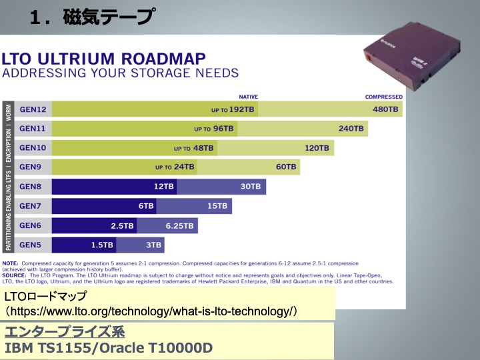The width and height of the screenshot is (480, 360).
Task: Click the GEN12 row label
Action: pyautogui.click(x=33, y=109)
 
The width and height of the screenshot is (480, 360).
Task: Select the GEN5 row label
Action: pyautogui.click(x=31, y=245)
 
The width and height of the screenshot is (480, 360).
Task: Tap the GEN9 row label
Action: pyautogui.click(x=31, y=167)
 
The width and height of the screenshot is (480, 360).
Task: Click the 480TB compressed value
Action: pyautogui.click(x=385, y=109)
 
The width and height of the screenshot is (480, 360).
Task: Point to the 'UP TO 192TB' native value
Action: pyautogui.click(x=234, y=109)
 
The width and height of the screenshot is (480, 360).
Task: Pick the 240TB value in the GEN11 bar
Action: pyautogui.click(x=351, y=129)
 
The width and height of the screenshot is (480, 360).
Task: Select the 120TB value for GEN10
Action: pyautogui.click(x=317, y=148)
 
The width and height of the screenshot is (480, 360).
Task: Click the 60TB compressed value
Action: pyautogui.click(x=285, y=167)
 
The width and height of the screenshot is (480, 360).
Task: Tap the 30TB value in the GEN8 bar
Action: pyautogui.click(x=251, y=187)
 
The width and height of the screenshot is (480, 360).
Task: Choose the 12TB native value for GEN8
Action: pyautogui.click(x=163, y=187)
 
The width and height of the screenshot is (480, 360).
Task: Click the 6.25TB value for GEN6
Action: pyautogui.click(x=179, y=225)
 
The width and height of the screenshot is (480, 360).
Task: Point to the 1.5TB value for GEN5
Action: pyautogui.click(x=102, y=245)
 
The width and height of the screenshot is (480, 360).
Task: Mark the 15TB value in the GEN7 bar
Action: pyautogui.click(x=217, y=206)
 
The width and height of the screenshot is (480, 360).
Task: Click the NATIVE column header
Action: pyautogui.click(x=248, y=96)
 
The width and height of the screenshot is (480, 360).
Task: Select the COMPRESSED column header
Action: pyautogui.click(x=383, y=96)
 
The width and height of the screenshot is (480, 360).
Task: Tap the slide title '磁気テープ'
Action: pyautogui.click(x=107, y=17)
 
